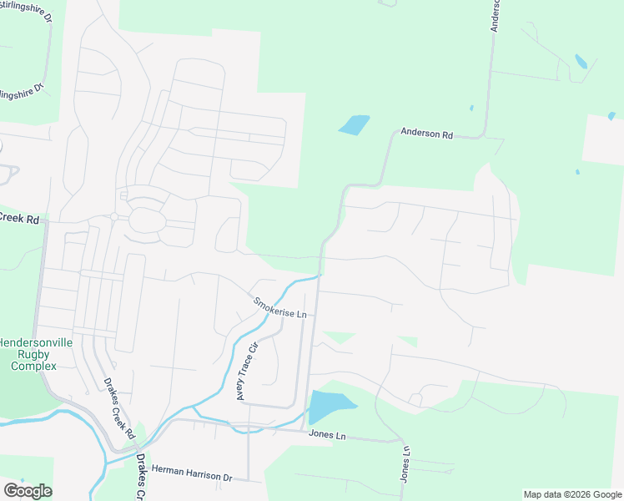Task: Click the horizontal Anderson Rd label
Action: (426, 133)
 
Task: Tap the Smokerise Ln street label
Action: (281, 308)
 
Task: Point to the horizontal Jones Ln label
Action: (326, 435)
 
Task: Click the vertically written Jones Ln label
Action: (405, 463)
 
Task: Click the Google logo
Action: (28, 491)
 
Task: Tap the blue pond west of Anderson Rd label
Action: (354, 125)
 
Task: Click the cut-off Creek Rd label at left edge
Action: (19, 220)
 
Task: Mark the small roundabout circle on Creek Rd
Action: (113, 217)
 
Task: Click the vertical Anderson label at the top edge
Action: (495, 15)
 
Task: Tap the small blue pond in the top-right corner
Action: (581, 61)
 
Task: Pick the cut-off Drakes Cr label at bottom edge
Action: (141, 478)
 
